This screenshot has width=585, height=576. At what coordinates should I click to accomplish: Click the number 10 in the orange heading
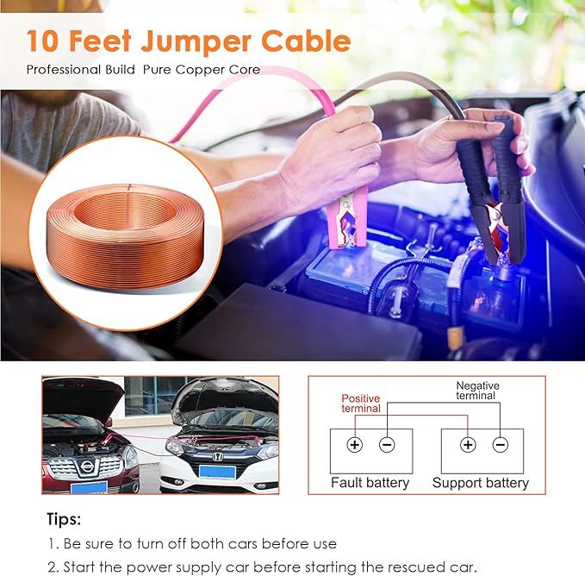(42, 41)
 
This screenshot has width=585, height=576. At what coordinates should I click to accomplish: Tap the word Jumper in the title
(196, 43)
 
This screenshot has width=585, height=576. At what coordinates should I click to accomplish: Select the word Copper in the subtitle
(200, 70)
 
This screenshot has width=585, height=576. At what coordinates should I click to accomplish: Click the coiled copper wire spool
(126, 236)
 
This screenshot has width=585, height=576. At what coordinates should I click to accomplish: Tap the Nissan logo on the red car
(86, 466)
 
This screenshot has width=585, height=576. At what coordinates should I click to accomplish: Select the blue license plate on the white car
(217, 472)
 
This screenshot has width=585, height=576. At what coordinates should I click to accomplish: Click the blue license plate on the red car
(89, 487)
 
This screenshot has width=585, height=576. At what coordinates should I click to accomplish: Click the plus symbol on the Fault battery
(354, 445)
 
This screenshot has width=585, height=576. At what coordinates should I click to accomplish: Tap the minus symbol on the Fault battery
(387, 445)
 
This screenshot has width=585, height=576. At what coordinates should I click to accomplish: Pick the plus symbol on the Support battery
(468, 445)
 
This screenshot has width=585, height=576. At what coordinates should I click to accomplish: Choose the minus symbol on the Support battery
(501, 445)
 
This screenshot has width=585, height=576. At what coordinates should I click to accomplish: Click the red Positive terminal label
(361, 404)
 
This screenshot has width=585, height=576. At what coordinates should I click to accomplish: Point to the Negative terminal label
(477, 391)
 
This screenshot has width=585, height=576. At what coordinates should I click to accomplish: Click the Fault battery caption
(370, 483)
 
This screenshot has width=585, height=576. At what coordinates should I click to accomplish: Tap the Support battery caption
(481, 483)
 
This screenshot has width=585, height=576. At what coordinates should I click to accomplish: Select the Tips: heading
(64, 519)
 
